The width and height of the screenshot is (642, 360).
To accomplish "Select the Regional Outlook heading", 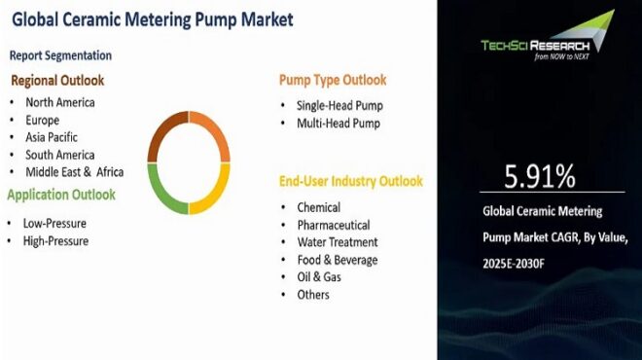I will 57,81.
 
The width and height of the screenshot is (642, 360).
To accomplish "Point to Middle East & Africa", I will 75,172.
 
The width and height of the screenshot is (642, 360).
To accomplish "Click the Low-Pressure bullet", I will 55,223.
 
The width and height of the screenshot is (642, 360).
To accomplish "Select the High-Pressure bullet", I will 55,240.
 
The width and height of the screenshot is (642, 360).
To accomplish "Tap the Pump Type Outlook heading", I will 332,80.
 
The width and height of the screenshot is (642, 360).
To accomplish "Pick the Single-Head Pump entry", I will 339,105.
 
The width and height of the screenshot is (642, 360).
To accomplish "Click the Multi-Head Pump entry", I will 338,124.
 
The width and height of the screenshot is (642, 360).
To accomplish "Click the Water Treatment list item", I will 338,242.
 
